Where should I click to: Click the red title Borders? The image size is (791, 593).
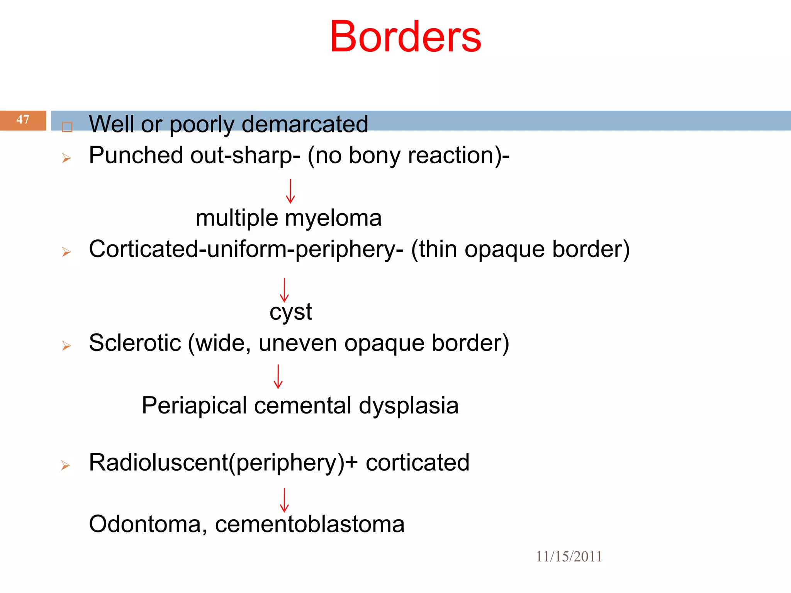tap(405, 37)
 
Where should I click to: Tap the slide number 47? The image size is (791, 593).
tap(23, 119)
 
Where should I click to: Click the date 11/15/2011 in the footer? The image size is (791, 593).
tap(569, 556)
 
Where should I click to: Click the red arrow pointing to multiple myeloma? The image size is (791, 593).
tap(290, 191)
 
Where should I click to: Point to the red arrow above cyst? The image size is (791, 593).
tap(284, 290)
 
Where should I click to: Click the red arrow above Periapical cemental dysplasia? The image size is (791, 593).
tap(278, 376)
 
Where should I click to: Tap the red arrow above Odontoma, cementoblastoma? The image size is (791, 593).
tap(284, 500)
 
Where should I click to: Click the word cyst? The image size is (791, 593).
tap(290, 312)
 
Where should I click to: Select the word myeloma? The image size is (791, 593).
tap(333, 218)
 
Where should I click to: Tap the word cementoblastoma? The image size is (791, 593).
tap(310, 524)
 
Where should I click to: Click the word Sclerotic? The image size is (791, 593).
tap(135, 343)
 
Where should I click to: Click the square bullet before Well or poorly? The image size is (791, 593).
tap(67, 127)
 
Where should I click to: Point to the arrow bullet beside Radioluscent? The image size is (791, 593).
tap(66, 465)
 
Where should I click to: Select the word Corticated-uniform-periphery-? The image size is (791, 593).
tap(246, 249)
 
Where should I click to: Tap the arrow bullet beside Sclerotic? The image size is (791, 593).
tap(66, 346)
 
